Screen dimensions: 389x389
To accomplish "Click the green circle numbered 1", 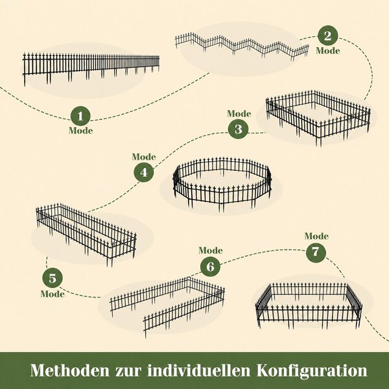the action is coord(80,116).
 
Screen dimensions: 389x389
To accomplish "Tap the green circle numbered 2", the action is coord(327,36).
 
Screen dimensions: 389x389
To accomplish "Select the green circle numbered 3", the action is coord(238,129).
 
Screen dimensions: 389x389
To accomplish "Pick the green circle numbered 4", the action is coord(144,172).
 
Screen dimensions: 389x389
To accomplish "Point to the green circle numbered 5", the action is coord(53,278).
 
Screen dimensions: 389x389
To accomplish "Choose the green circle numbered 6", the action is coord(210,266).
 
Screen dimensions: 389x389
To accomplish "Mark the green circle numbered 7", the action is coord(316,252).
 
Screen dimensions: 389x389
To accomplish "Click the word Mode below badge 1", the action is coord(81,131).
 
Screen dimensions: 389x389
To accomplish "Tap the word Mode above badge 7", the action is coord(316,236).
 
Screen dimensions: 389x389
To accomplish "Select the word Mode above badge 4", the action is coord(144,157).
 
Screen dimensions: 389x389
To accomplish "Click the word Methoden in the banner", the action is coord(70,370).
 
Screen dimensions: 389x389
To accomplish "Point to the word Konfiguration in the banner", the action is coord(312,371).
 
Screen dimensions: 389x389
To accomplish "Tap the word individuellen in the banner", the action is coord(199,370).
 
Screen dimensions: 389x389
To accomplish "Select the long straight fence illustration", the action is coord(91,69).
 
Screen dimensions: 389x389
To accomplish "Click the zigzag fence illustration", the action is coord(242,46).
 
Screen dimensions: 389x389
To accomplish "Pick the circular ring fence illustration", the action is coord(222,183).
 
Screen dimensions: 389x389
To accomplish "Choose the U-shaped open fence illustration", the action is coord(167,307).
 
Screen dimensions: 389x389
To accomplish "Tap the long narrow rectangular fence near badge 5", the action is coord(86,235).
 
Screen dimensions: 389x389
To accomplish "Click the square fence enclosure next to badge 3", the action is coord(318,118).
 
